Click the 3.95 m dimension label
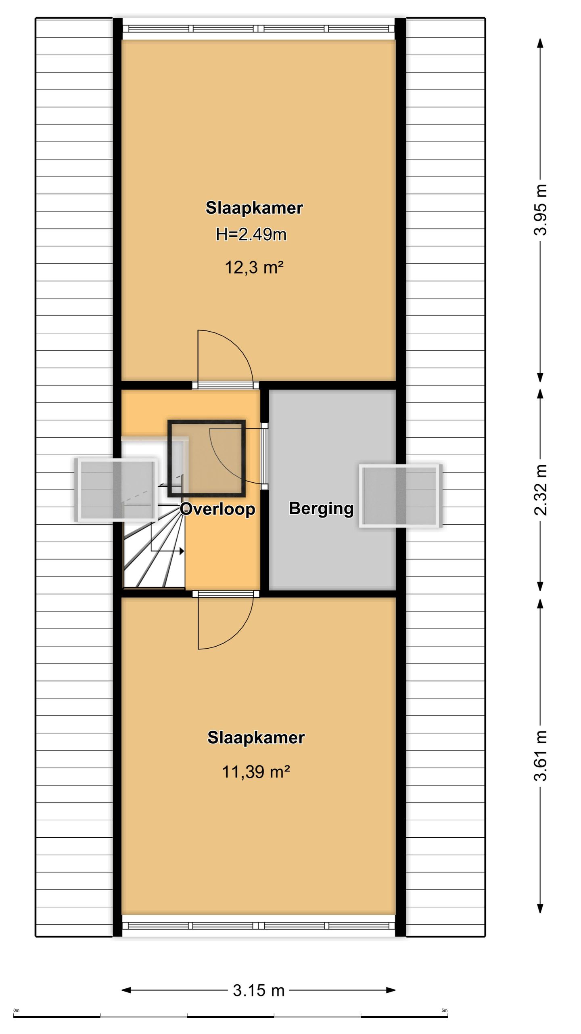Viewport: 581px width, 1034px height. click(541, 210)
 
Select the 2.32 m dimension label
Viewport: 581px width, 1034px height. click(541, 490)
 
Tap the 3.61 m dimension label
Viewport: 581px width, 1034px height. click(541, 756)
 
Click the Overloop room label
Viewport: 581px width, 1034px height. click(217, 509)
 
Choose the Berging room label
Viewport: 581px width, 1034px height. click(321, 509)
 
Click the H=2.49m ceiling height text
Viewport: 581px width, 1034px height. click(251, 234)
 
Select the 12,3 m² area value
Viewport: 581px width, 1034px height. click(254, 267)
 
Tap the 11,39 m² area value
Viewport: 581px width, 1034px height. click(256, 772)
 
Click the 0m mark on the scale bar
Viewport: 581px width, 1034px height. click(16, 1011)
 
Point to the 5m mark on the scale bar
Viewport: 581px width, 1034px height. click(445, 1011)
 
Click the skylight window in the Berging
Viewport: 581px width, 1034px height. click(400, 496)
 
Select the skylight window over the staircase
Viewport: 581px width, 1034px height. click(116, 490)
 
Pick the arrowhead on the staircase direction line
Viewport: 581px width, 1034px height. click(182, 551)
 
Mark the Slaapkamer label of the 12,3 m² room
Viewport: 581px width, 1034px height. click(254, 208)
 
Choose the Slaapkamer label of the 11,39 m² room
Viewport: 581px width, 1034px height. click(256, 738)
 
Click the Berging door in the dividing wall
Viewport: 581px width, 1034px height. click(264, 456)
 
